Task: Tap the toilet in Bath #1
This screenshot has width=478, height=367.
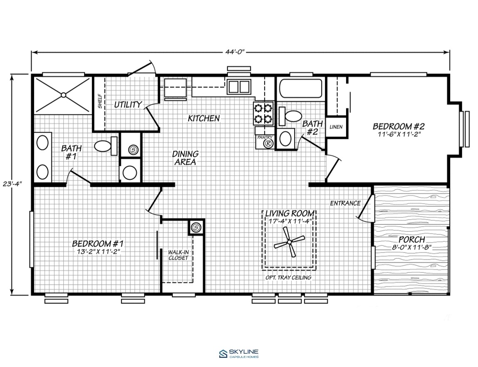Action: pyautogui.click(x=106, y=146)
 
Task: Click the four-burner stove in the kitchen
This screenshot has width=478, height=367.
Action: pyautogui.click(x=263, y=114)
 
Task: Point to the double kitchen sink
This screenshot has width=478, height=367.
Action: pyautogui.click(x=239, y=87)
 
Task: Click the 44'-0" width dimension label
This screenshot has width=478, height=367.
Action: pyautogui.click(x=235, y=52)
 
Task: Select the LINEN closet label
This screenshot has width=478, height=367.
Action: pyautogui.click(x=336, y=127)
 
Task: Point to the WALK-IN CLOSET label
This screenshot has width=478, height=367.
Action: pyautogui.click(x=178, y=255)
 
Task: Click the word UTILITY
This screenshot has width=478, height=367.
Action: pyautogui.click(x=128, y=104)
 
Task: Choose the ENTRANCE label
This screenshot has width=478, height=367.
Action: pyautogui.click(x=345, y=203)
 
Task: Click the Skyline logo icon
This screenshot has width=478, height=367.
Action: pyautogui.click(x=223, y=353)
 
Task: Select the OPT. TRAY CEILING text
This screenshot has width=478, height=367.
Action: pyautogui.click(x=288, y=278)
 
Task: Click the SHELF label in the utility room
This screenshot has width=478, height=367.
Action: pyautogui.click(x=100, y=103)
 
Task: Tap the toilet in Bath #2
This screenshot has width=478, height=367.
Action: pyautogui.click(x=290, y=116)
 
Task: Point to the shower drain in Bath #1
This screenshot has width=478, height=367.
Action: pyautogui.click(x=63, y=95)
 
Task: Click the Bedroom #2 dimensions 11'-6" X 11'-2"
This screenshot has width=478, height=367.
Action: pyautogui.click(x=399, y=134)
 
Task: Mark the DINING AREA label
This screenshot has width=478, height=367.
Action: pyautogui.click(x=186, y=158)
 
